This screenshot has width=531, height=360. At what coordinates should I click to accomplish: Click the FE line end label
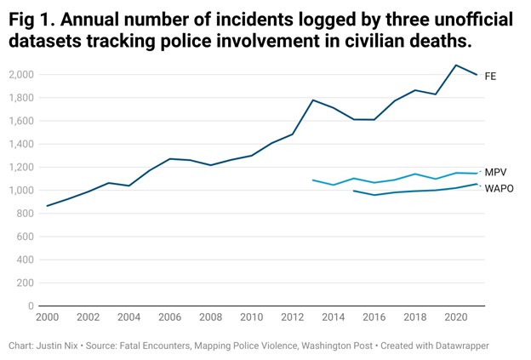pyautogui.click(x=490, y=77)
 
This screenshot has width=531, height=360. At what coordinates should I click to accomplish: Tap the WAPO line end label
pyautogui.click(x=500, y=187)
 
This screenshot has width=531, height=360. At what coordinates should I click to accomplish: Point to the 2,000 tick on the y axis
pyautogui.click(x=20, y=75)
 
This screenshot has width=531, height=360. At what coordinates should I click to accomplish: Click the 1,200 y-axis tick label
pyautogui.click(x=20, y=167)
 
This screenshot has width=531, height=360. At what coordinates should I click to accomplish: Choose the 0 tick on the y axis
pyautogui.click(x=30, y=306)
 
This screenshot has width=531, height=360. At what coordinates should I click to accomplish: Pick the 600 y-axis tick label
pyautogui.click(x=25, y=237)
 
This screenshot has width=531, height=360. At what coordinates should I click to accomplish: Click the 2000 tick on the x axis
pyautogui.click(x=48, y=317)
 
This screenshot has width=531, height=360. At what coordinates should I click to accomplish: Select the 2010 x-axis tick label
pyautogui.click(x=251, y=317)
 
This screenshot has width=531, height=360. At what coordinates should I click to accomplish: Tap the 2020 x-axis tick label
pyautogui.click(x=456, y=317)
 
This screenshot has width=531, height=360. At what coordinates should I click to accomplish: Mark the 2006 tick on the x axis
pyautogui.click(x=170, y=317)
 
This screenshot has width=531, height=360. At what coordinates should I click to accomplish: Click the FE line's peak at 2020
pyautogui.click(x=456, y=66)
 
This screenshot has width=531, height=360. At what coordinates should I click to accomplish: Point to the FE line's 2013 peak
pyautogui.click(x=313, y=100)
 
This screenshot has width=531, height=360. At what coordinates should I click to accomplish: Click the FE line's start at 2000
pyautogui.click(x=48, y=205)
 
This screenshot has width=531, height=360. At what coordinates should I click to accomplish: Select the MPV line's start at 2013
pyautogui.click(x=313, y=180)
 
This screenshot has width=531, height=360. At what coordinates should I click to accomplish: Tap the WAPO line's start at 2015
pyautogui.click(x=354, y=191)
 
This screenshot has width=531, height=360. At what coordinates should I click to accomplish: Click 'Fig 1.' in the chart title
pyautogui.click(x=35, y=20)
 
